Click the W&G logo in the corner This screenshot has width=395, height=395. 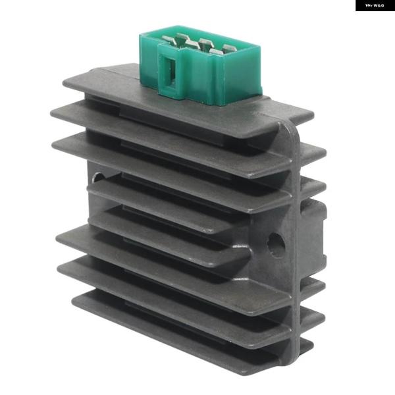coord(375,5)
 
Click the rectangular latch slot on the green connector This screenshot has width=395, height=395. coord(167,70)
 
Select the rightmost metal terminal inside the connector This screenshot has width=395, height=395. coord(228,48)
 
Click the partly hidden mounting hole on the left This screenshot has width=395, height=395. coord(97,177)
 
